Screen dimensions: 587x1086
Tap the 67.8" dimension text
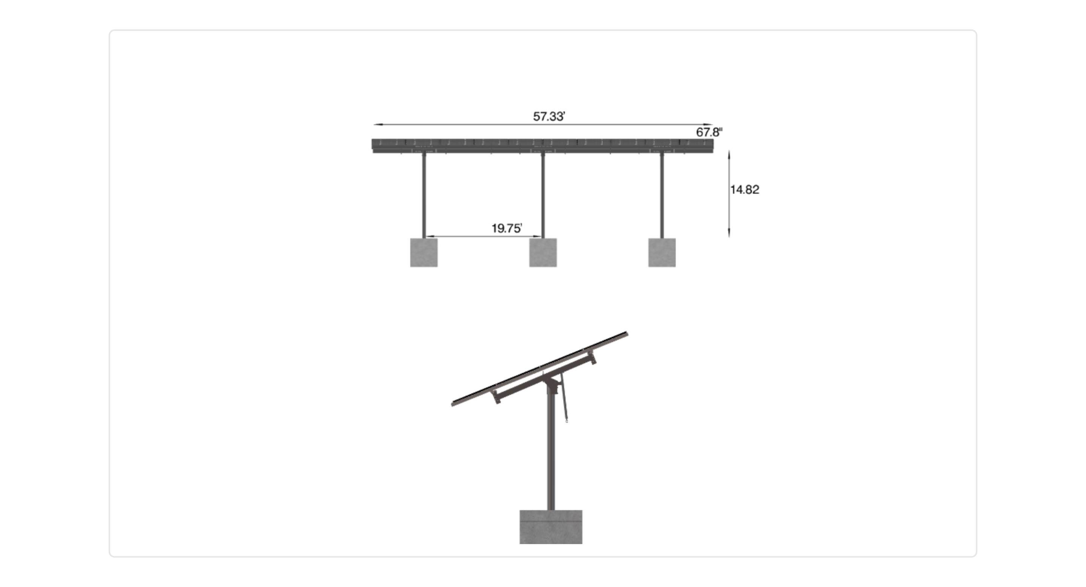709,132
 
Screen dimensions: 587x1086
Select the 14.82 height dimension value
744,190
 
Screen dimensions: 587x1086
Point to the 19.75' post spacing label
506,228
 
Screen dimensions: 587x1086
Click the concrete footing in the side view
551,527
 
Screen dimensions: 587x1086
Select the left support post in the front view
424,196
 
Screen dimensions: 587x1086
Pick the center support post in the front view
543,196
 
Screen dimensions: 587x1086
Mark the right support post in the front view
661,196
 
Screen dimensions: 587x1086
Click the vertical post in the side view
551,455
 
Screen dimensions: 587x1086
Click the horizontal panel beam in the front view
542,144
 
